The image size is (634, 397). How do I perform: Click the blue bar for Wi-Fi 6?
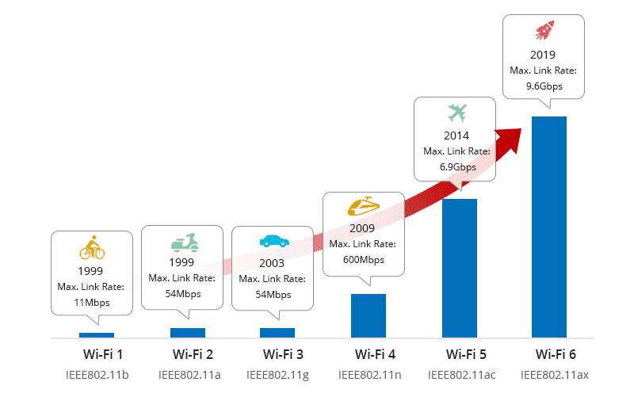[549, 227]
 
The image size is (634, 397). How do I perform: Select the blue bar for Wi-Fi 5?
[459, 268]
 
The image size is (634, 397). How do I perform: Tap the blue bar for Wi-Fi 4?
[369, 315]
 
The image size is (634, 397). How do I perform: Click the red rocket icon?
[544, 32]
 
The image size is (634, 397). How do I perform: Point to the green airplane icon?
[457, 112]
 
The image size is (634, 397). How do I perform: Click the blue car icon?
[273, 240]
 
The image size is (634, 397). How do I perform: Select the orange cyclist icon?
[92, 248]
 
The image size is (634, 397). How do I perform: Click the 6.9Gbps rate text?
[457, 167]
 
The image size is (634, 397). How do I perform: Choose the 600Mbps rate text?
[365, 260]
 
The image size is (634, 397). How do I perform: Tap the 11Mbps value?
[92, 303]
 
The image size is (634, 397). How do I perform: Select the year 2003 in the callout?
[272, 263]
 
